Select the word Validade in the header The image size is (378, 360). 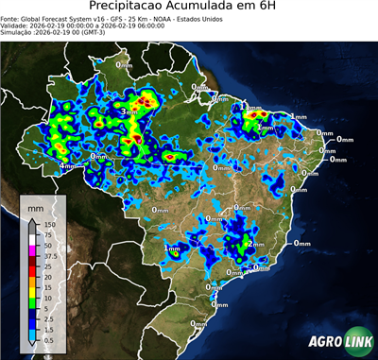16,25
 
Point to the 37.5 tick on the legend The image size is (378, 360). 51,254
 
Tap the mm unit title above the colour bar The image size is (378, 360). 36,205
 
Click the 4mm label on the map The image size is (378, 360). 69,166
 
